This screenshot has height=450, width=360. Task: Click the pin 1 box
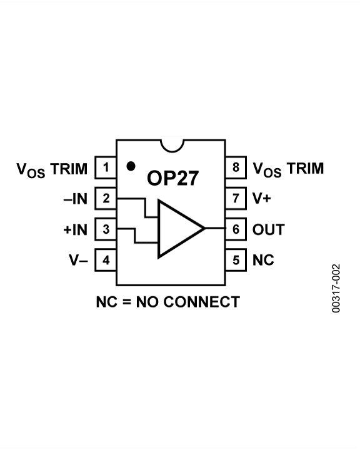coord(106,168)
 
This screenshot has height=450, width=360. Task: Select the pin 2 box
coord(106,199)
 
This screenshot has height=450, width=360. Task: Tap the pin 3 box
coord(106,229)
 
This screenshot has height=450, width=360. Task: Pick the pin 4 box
coord(106,260)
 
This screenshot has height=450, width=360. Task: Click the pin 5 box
coord(236,260)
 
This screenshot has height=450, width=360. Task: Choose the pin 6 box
coord(236,229)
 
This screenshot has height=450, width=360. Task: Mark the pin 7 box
coord(236,199)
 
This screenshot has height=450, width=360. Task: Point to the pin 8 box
coord(236,168)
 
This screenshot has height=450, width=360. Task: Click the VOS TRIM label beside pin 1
coord(52,169)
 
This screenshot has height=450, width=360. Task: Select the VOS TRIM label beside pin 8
coord(288,169)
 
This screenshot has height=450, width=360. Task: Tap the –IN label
coord(75,199)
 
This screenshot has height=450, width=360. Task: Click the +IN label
coord(75,230)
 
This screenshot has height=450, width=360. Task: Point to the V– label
coord(78,260)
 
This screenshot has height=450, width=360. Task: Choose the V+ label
coord(261,199)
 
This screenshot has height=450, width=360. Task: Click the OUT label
coord(268,229)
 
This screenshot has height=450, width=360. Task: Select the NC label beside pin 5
coord(263,260)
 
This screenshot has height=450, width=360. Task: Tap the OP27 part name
coord(172,178)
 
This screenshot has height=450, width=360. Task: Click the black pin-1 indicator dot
coord(131,166)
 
